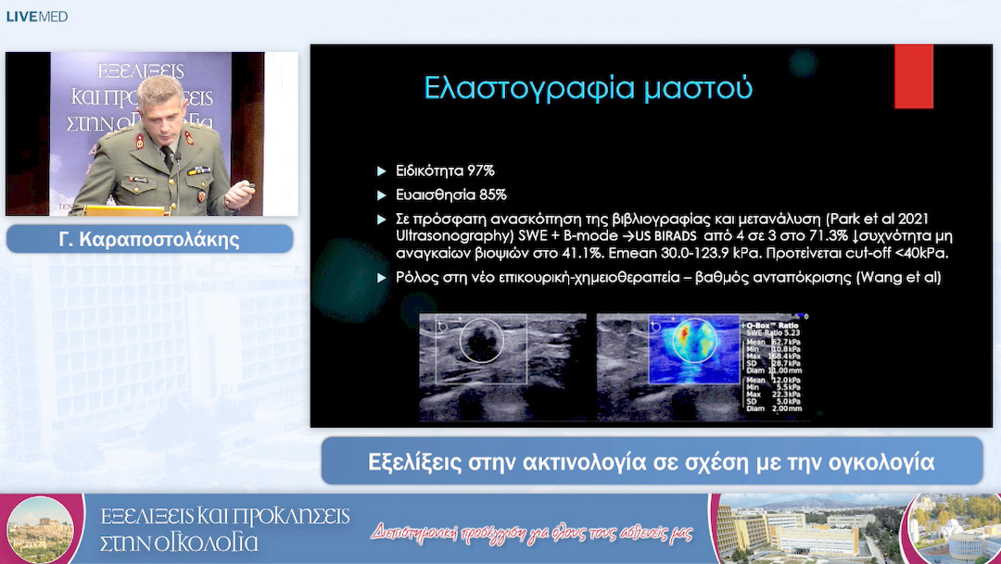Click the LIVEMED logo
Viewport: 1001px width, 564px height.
(x=37, y=16)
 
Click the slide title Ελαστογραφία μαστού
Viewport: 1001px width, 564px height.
(x=588, y=88)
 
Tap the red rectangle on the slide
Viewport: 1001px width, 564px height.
(x=913, y=77)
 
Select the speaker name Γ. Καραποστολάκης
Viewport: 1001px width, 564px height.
(x=149, y=239)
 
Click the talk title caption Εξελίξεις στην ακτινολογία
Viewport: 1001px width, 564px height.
(x=651, y=460)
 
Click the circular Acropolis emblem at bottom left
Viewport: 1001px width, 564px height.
(x=39, y=529)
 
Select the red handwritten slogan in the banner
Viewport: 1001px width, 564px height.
(x=532, y=532)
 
